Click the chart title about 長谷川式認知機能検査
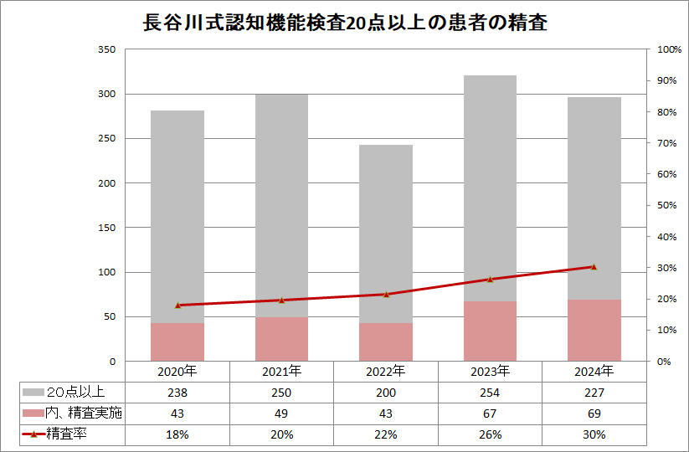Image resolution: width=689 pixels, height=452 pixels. point(344,23)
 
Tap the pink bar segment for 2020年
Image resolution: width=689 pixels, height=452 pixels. point(177,342)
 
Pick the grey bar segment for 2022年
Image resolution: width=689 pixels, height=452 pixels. point(386,234)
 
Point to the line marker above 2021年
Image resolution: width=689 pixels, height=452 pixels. point(281,300)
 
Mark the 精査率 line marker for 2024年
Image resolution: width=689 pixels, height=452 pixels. point(594,267)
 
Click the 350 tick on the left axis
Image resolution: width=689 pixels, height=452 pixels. point(106,49)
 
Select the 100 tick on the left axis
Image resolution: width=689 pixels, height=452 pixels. point(106,272)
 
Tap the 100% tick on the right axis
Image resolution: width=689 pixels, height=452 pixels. point(669,49)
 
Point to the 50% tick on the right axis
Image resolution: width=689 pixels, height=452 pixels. point(666,205)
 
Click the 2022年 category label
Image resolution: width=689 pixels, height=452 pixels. point(386,371)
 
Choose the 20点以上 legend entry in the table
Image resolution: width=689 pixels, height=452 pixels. point(74,392)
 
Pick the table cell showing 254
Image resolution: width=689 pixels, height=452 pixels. point(490,392)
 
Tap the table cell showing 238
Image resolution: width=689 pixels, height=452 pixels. point(177,392)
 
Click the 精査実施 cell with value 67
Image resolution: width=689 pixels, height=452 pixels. point(490,413)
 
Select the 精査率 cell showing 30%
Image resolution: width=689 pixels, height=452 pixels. point(594,434)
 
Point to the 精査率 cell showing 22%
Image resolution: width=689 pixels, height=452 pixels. point(386,434)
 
